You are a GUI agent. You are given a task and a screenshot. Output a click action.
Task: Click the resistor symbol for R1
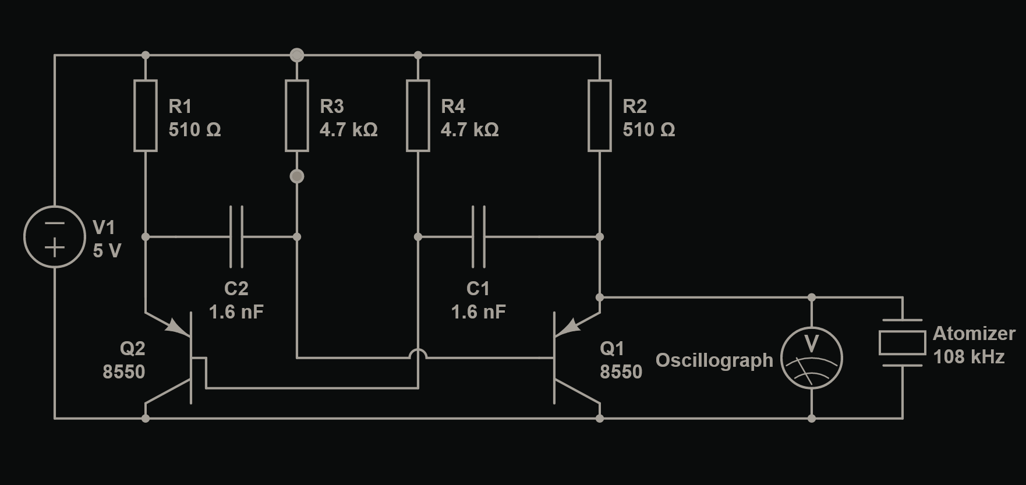146,116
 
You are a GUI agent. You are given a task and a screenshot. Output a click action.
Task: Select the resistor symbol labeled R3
297,116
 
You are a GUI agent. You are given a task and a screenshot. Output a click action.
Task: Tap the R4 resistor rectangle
418,116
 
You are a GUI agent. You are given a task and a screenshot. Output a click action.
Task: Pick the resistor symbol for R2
600,116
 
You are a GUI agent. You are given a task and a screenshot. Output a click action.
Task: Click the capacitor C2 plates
236,236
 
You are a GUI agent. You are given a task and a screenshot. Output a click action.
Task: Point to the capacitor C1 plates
479,236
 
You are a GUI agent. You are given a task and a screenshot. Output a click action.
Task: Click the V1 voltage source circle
55,236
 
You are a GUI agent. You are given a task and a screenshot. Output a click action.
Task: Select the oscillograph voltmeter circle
812,357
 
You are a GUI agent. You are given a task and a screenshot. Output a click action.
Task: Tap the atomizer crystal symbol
903,343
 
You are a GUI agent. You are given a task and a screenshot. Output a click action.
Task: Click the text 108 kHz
969,357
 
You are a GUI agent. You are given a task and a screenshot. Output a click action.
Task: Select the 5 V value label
107,251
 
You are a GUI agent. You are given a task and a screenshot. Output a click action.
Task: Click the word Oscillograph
714,360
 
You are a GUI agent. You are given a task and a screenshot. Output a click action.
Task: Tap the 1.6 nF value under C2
236,312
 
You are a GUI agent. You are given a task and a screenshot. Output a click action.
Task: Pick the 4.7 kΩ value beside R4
470,130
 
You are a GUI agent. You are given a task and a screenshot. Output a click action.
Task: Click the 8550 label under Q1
621,372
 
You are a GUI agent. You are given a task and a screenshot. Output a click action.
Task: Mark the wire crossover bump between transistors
418,354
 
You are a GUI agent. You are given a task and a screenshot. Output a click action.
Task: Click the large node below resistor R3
297,176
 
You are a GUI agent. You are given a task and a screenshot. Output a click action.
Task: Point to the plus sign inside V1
55,249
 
